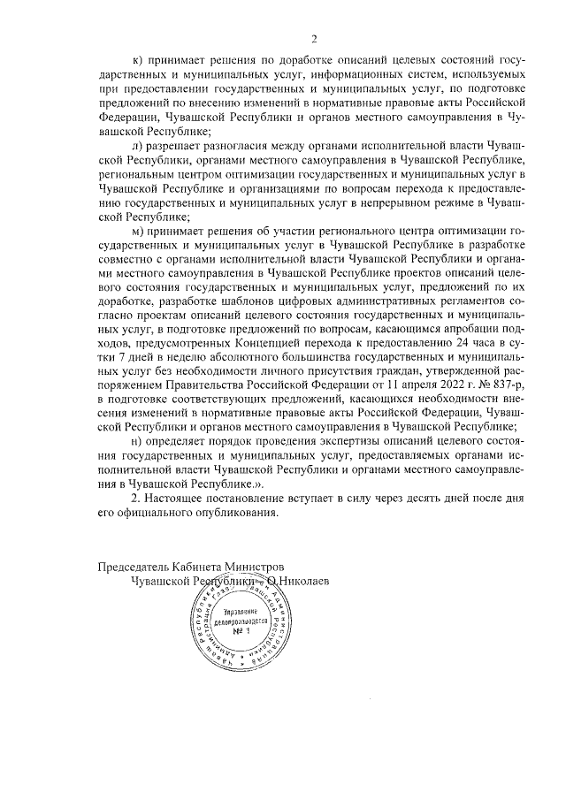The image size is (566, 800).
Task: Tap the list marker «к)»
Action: pyautogui.click(x=136, y=61)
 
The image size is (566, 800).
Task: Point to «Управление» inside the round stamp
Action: pyautogui.click(x=238, y=612)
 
